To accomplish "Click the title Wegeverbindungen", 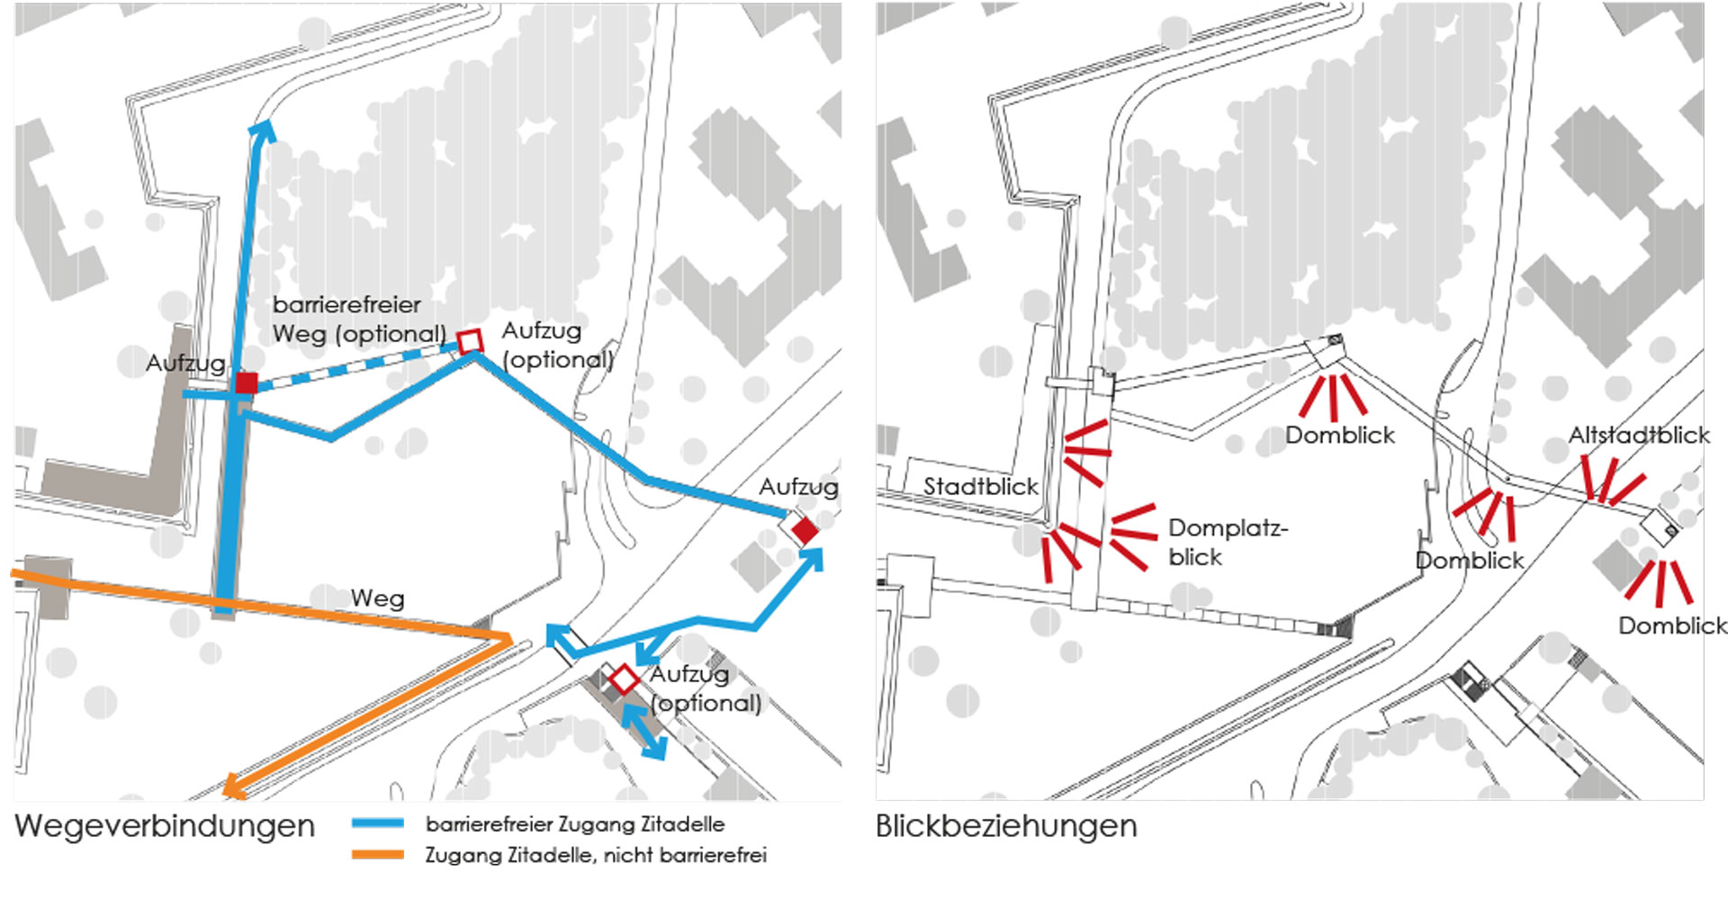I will point(165,825).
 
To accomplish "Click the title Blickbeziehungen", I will point(1005,825).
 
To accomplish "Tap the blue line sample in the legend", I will point(377,823).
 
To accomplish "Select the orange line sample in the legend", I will point(377,854).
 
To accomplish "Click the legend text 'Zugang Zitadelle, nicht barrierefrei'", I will point(596,855).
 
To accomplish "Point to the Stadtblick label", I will point(980,486).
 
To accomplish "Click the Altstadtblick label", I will point(1638,436).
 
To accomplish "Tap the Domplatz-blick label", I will point(1226,542).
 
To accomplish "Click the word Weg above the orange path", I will point(377,598).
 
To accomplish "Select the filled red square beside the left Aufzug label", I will point(246,383).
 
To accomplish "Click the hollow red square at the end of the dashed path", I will point(470,342).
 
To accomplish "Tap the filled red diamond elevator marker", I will point(805,531).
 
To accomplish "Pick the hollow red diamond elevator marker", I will point(624,679).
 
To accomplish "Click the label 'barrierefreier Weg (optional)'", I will point(358,319).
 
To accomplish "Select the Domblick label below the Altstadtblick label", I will point(1671,625).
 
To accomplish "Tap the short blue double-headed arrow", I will point(644,731).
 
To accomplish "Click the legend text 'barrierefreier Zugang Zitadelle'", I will point(575,824).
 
